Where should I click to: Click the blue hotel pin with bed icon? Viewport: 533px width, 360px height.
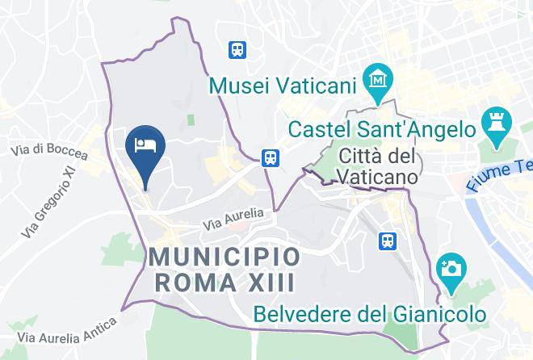pyautogui.click(x=146, y=148)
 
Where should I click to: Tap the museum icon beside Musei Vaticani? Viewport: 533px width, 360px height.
pyautogui.click(x=377, y=80)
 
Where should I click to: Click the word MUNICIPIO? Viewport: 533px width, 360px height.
pyautogui.click(x=225, y=258)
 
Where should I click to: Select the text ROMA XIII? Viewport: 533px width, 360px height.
pyautogui.click(x=225, y=283)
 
